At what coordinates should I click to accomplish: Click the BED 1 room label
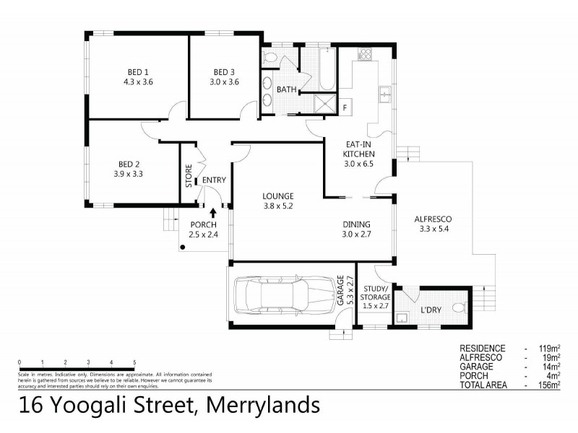(x=138, y=71)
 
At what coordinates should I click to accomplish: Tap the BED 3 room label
(x=225, y=71)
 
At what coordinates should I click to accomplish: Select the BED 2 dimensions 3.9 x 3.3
(x=129, y=173)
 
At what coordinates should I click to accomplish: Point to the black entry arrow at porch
(x=213, y=211)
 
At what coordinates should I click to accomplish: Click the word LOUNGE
(x=277, y=196)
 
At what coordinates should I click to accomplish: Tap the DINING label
(x=356, y=224)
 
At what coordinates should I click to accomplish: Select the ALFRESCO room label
(x=433, y=220)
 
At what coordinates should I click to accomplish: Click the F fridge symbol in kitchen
(x=345, y=108)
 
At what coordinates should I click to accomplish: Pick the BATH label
(x=285, y=89)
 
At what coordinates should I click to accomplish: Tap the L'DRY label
(x=431, y=311)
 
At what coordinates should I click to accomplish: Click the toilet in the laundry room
(x=457, y=309)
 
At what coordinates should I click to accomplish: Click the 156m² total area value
(x=549, y=385)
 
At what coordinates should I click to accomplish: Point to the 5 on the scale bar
(x=134, y=362)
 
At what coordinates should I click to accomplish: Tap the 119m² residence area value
(x=549, y=348)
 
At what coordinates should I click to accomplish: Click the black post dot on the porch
(x=184, y=248)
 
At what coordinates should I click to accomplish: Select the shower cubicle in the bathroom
(x=327, y=103)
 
